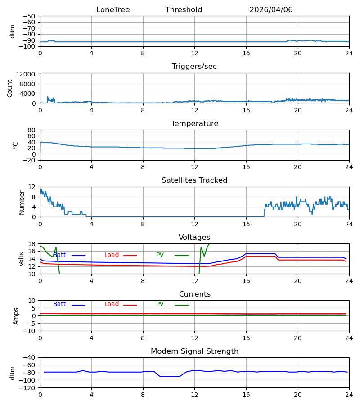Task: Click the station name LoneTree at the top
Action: (113, 10)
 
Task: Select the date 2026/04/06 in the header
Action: (271, 10)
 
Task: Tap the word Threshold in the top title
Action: (184, 10)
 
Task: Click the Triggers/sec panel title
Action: (194, 67)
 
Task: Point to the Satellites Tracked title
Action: (194, 180)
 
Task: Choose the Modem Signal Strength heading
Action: (194, 351)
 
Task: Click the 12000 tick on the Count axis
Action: (26, 74)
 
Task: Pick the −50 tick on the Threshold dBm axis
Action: (29, 16)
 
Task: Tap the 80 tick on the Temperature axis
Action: (31, 130)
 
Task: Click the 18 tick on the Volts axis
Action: (31, 244)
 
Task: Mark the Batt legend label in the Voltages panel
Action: (59, 255)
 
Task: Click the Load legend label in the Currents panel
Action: (112, 304)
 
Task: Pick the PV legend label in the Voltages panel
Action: (160, 255)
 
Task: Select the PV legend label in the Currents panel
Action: (160, 304)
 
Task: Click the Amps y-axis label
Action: (16, 316)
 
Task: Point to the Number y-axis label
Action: (22, 203)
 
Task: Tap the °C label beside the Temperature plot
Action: (15, 145)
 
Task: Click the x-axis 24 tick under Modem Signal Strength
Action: (349, 395)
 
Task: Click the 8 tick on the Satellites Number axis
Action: (33, 197)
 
